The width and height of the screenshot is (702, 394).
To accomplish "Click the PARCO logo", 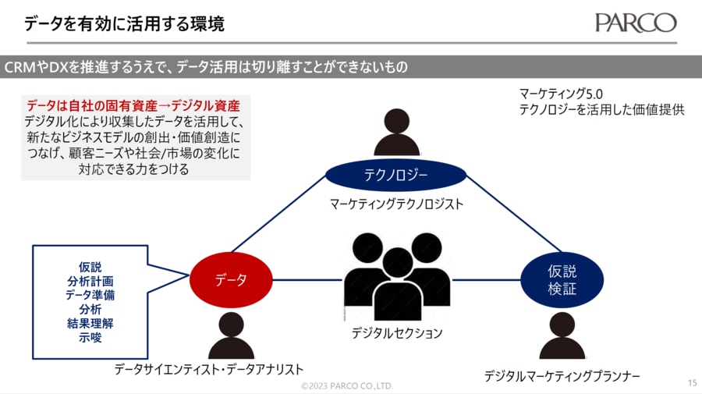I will (635, 23).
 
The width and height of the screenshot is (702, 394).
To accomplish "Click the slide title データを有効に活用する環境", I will (125, 24).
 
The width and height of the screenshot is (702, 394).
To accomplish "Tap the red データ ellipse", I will (231, 279).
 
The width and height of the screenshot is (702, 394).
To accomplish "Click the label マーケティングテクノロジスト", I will (396, 204).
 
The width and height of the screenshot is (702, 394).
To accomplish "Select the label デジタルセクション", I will (397, 333).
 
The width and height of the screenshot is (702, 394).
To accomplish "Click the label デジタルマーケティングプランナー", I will (562, 376).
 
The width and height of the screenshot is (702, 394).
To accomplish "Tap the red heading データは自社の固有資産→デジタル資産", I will (133, 105).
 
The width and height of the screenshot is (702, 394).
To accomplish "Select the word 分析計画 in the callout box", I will (90, 281).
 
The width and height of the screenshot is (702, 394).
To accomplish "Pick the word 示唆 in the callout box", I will (90, 338).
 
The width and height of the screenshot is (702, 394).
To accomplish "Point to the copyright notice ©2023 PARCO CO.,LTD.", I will (348, 386).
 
